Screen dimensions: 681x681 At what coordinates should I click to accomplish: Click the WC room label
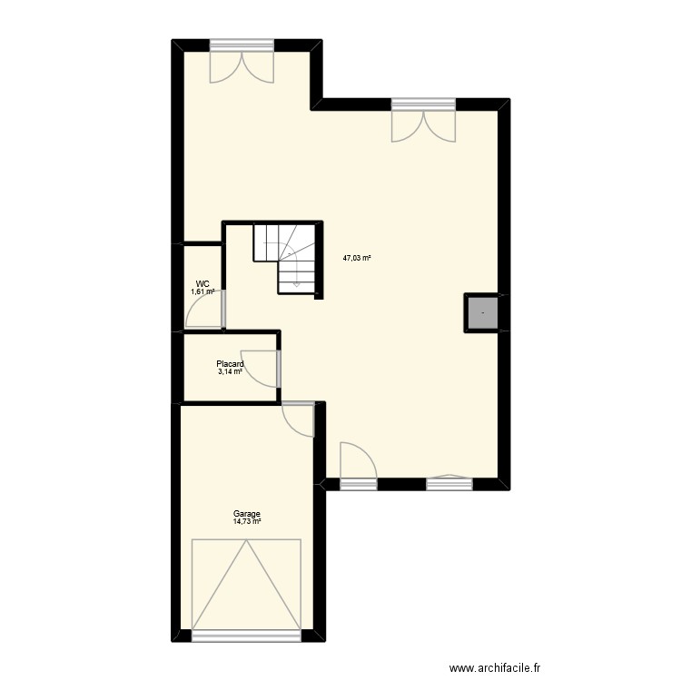(x=202, y=283)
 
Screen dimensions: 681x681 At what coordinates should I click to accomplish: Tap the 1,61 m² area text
(x=202, y=291)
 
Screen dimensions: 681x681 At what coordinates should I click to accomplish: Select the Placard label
(x=230, y=364)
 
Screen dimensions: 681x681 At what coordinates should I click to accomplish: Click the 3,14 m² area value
(x=230, y=371)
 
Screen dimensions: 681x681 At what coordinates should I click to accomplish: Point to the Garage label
(x=246, y=514)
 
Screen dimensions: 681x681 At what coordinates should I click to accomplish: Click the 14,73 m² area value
(x=246, y=521)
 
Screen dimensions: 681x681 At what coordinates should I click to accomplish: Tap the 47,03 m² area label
(x=357, y=258)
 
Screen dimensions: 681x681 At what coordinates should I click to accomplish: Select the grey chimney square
(x=482, y=313)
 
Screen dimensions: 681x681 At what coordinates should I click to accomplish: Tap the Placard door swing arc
(x=263, y=366)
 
